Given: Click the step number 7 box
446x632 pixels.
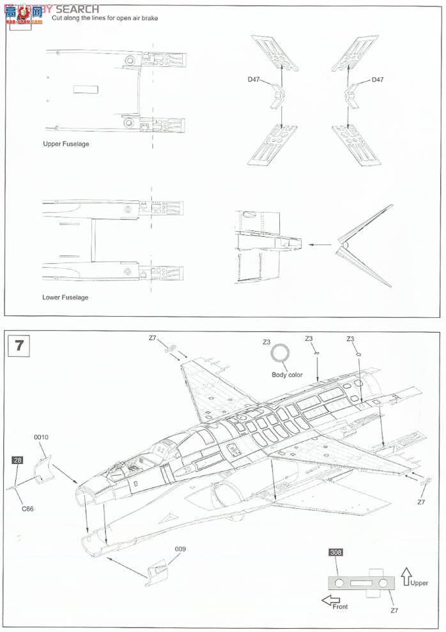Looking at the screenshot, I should coord(19,345).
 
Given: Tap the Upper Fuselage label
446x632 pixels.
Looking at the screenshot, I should coord(66,144).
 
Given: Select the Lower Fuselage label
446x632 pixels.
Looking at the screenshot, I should coord(65,297).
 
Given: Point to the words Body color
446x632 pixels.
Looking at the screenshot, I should coord(287,375).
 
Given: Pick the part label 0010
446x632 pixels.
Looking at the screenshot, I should coord(41,437).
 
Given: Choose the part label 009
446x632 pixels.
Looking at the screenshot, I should coord(180,548).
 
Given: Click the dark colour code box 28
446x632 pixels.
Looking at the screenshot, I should coord(17,460).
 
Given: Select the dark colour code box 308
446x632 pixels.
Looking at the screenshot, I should coord(335,552).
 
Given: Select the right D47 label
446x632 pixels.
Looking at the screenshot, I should coord(377,80).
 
